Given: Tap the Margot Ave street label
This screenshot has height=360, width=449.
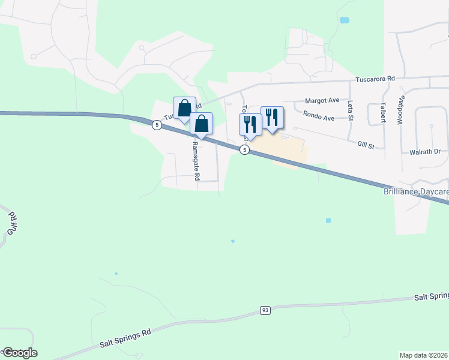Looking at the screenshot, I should pos(322,100).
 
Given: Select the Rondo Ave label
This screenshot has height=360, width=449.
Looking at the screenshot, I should pos(319,118).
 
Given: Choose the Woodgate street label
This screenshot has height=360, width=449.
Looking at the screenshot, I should pos(400,110).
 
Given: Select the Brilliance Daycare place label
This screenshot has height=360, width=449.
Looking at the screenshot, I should pos(416,192).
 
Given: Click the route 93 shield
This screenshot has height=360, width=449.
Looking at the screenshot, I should pos(265,310).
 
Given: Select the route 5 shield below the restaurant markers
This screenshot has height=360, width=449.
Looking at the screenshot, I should pos(245,150).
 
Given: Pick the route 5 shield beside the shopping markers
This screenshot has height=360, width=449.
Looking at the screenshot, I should pos(157,125).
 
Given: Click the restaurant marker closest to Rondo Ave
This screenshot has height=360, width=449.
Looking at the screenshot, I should pos(272,117).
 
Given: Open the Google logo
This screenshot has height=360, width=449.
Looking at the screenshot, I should pos(20,353).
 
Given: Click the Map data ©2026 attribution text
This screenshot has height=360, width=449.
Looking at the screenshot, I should pos(424,355).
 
